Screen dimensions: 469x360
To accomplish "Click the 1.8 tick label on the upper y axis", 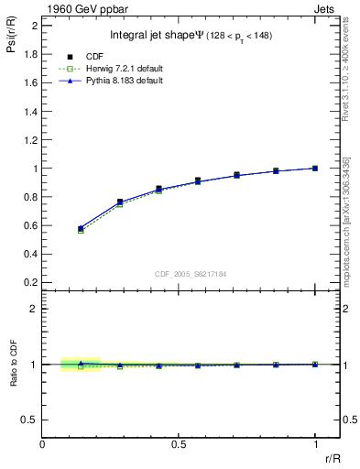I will coord(29,53).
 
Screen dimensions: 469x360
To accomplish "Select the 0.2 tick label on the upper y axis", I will coord(29,283).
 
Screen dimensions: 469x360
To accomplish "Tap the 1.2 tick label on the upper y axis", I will coord(29,139).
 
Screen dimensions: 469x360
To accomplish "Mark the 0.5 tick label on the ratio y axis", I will coord(29,420).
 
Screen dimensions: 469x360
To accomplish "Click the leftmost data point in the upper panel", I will coord(81,228).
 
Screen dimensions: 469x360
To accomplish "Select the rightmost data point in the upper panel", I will coord(316,168).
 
